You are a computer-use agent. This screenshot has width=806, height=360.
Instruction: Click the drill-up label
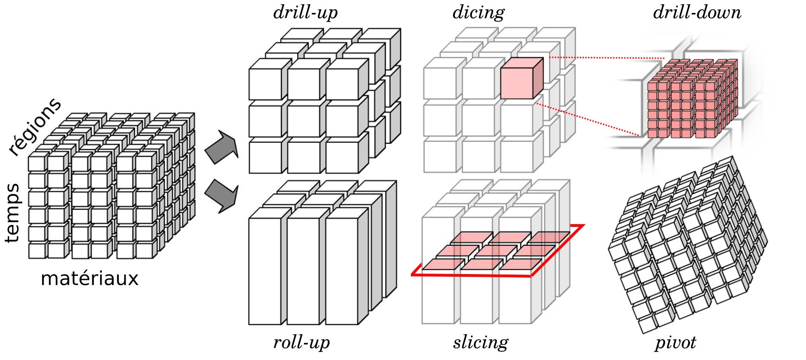click(305, 12)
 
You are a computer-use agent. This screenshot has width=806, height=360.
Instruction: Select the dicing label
click(478, 12)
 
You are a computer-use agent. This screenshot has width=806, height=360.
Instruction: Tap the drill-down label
click(697, 12)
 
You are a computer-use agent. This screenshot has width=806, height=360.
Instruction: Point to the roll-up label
click(301, 342)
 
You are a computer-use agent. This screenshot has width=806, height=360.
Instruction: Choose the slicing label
click(481, 342)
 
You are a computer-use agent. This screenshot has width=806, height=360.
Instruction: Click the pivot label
click(675, 343)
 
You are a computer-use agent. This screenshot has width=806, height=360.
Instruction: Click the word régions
click(35, 127)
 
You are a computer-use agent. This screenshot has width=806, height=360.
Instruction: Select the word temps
click(13, 213)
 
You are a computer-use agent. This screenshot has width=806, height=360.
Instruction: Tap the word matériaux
click(90, 278)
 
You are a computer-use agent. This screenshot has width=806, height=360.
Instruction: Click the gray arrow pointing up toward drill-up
click(222, 146)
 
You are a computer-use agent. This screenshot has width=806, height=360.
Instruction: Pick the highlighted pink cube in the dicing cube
click(522, 78)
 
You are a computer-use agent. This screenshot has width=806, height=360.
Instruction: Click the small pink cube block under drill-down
click(692, 98)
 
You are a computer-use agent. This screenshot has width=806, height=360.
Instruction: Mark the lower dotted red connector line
click(587, 119)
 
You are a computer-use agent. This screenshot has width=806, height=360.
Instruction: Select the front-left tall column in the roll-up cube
click(265, 271)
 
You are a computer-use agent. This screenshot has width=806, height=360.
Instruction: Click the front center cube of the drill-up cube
click(303, 121)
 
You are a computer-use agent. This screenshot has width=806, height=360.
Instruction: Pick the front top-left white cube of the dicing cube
click(440, 78)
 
